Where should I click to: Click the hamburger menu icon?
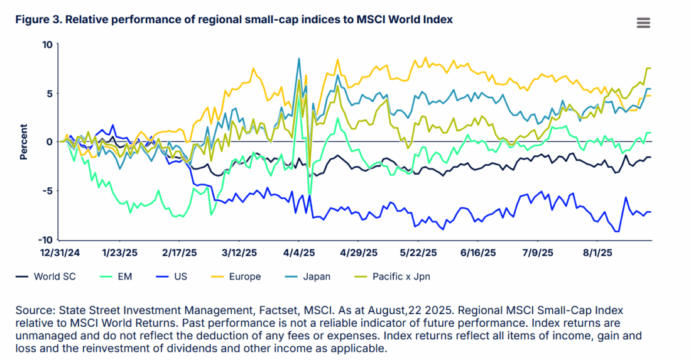[x=643, y=23]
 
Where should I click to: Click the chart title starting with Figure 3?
[x=234, y=19]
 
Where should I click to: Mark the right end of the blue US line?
[x=650, y=212]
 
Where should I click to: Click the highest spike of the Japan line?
[x=299, y=58]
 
